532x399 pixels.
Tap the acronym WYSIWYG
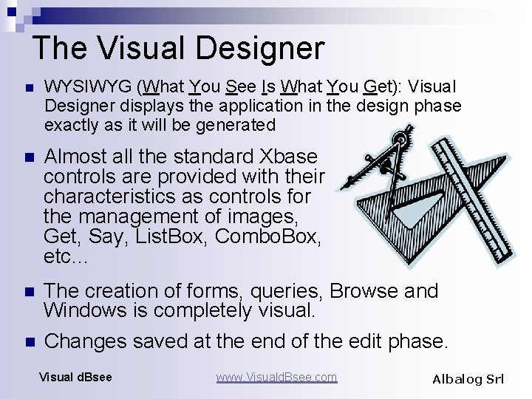click(x=89, y=87)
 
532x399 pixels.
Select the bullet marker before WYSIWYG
click(x=29, y=88)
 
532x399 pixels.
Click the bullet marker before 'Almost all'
click(x=29, y=157)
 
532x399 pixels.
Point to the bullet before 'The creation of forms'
click(x=29, y=292)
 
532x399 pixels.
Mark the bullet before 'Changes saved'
click(x=29, y=342)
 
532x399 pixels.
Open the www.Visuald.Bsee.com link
click(x=276, y=378)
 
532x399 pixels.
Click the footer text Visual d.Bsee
click(x=75, y=378)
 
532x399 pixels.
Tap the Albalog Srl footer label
click(x=468, y=379)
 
